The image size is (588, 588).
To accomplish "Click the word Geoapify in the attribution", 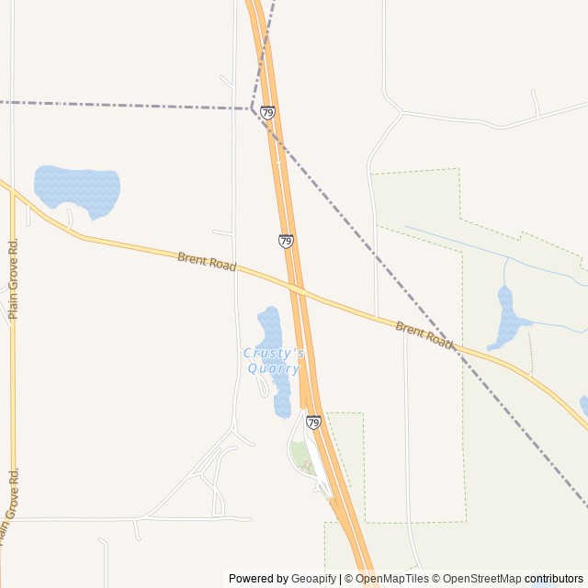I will pos(312,579).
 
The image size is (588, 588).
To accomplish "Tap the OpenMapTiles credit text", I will pos(391,579).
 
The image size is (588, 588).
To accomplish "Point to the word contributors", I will pos(554,579).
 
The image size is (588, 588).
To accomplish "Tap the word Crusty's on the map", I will pos(273,354).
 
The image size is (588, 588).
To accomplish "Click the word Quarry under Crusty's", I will pos(273,368).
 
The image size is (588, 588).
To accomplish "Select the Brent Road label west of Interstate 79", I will pos(207,262).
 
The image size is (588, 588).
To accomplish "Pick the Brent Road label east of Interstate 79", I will pos(424,334).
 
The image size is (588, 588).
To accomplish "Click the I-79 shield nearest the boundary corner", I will pos(267,113).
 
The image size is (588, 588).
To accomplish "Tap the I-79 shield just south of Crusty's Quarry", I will pos(313,423).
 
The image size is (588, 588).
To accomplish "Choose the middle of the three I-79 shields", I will pos(286,242).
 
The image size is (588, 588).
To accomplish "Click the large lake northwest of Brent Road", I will pos(78,190).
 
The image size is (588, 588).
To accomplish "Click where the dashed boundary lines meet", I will pos(252,109).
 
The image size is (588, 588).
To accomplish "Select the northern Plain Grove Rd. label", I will pos(13,279).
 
